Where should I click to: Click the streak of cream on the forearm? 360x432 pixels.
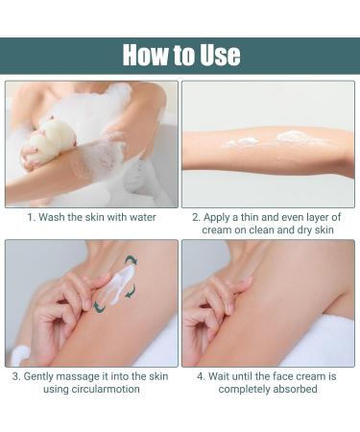click(x=264, y=141)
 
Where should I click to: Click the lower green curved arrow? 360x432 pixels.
click(x=99, y=305)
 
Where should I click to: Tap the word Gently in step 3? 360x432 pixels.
click(x=44, y=376)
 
